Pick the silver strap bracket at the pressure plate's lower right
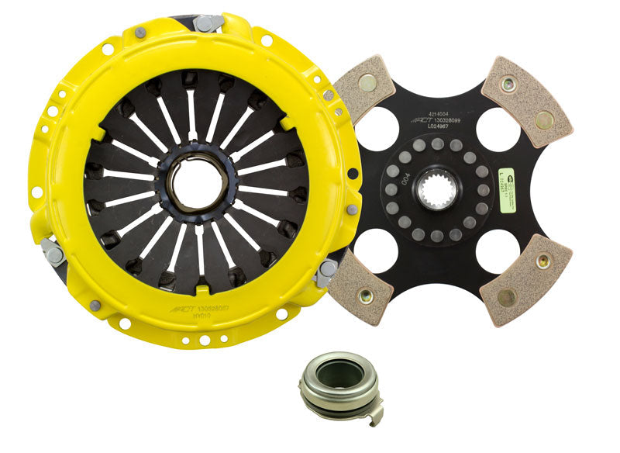pyautogui.click(x=325, y=271)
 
